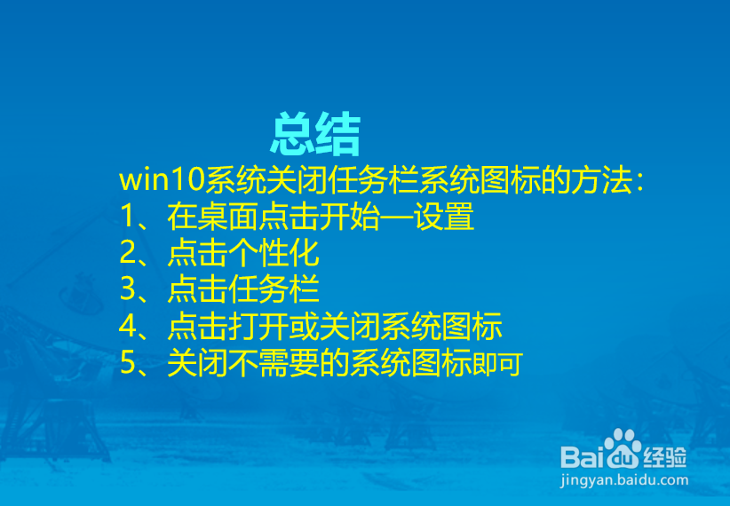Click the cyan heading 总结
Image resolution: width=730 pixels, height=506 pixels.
point(315,136)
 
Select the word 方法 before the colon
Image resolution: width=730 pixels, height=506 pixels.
point(599,180)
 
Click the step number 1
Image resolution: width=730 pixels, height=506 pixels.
point(128,217)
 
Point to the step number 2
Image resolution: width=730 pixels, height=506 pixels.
point(128,255)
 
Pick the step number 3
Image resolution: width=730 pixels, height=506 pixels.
point(128,290)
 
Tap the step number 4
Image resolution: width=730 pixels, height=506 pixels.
point(128,327)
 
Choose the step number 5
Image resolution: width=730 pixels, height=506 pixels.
point(128,363)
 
